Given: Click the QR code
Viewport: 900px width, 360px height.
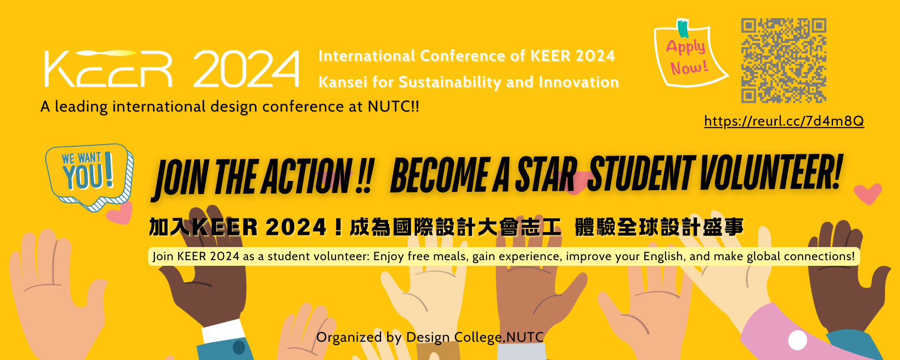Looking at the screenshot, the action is pos(783,60).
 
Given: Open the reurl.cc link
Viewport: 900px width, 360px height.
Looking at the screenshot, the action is pos(784,121).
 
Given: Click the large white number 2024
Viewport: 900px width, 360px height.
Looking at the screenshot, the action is pos(246,69).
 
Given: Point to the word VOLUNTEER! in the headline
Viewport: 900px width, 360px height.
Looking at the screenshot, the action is pos(771,172).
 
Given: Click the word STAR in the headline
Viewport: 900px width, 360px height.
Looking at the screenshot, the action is pos(546,174).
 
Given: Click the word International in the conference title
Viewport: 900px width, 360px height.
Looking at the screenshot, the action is pos(367,56).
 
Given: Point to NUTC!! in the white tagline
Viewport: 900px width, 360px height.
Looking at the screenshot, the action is pos(393,106).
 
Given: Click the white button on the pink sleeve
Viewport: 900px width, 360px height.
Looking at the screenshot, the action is pos(797,340).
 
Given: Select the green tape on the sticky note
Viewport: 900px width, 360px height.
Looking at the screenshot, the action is pos(683,28).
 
